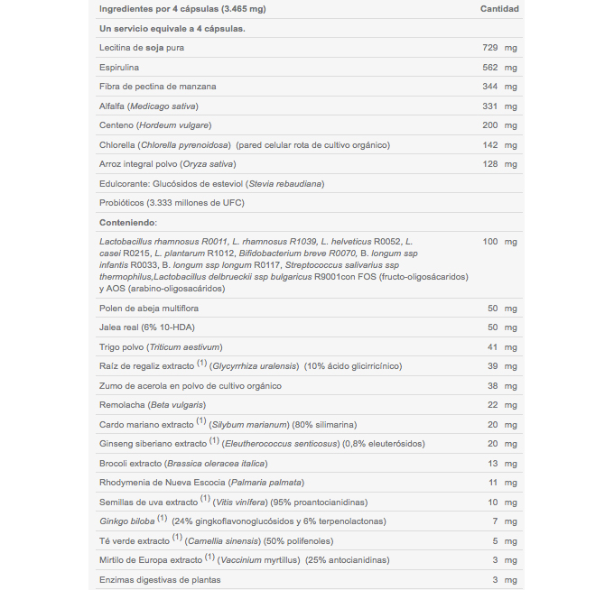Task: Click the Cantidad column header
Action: click(498, 9)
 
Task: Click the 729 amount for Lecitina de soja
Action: click(491, 48)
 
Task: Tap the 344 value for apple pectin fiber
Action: click(491, 87)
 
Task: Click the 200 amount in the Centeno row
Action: click(491, 125)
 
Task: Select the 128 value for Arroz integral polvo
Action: click(491, 164)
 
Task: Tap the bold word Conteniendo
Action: click(127, 222)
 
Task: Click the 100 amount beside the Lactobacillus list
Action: click(491, 242)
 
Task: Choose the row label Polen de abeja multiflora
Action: click(148, 309)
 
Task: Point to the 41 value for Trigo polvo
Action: click(494, 347)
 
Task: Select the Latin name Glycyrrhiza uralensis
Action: click(256, 366)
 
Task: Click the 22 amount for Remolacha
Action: click(494, 405)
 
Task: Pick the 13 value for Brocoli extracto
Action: click(494, 464)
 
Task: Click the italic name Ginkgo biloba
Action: click(126, 521)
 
